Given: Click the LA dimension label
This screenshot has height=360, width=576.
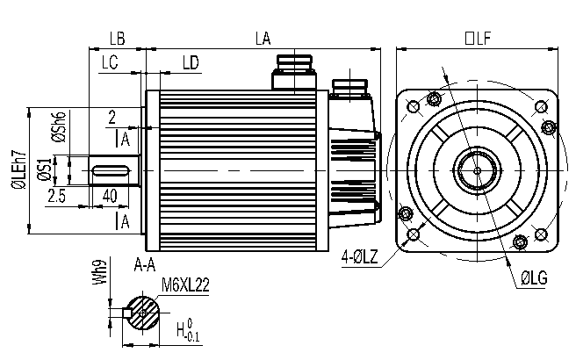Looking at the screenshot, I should (262, 38).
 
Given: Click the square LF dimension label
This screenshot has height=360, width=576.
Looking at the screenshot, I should (476, 38).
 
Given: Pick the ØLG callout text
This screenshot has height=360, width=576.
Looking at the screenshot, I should (534, 278).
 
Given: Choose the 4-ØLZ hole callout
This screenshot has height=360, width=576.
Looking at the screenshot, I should (360, 256).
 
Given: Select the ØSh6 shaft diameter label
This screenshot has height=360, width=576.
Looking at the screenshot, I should (58, 128).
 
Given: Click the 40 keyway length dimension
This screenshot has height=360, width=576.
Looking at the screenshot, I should (111, 194).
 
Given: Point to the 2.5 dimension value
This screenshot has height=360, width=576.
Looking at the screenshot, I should (58, 194).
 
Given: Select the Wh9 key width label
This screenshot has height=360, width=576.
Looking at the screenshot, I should (103, 273).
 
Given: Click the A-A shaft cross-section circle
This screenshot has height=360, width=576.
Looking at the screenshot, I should (144, 313).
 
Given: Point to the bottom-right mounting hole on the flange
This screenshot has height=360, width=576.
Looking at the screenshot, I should (541, 232).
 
